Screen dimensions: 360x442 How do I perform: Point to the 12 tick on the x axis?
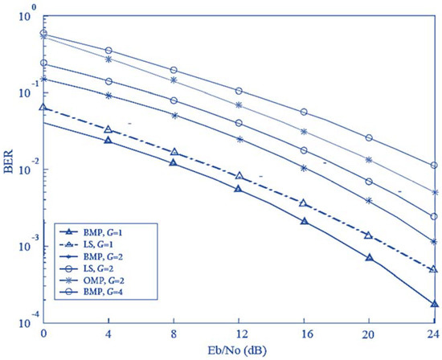[x=239, y=333]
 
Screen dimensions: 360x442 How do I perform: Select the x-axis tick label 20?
[x=369, y=333]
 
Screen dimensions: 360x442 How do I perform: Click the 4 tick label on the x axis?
[x=108, y=333]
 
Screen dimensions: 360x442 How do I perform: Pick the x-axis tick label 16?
[x=304, y=333]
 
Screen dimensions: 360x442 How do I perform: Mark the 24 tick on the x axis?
[x=434, y=333]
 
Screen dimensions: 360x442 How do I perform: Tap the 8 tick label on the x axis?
[x=174, y=333]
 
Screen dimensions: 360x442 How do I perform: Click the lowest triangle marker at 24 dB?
[x=434, y=305]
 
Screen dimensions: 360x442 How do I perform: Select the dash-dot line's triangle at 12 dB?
[x=239, y=176]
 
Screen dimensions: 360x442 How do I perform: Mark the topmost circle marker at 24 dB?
[x=434, y=166]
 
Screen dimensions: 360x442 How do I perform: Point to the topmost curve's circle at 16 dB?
[x=304, y=112]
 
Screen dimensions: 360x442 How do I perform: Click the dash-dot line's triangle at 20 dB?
[x=369, y=235]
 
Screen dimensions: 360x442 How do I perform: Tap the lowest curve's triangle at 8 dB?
[x=174, y=162]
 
